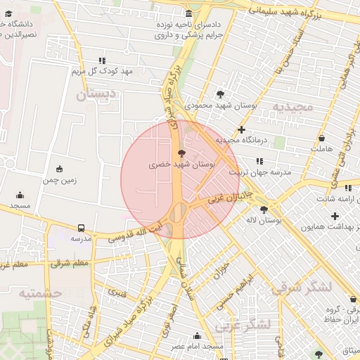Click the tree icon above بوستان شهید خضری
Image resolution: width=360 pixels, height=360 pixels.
point(182,152)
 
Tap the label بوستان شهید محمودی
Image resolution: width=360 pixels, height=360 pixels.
point(221,105)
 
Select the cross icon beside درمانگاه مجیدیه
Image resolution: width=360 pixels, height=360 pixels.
point(242,129)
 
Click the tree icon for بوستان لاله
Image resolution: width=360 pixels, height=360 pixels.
point(264,209)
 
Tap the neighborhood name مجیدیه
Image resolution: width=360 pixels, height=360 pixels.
point(292,108)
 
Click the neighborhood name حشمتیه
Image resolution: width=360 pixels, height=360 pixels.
point(40,293)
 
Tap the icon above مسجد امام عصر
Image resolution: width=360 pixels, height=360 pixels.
point(197,335)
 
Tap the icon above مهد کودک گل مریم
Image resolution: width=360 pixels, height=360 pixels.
point(103,60)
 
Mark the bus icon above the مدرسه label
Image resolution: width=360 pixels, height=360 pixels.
point(82,228)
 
